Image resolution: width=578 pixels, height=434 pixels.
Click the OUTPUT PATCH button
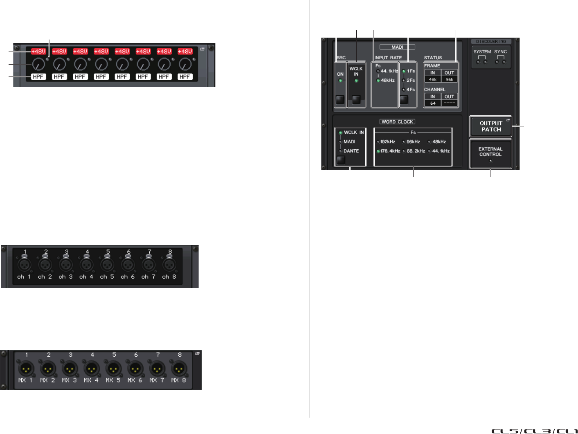pos(491,126)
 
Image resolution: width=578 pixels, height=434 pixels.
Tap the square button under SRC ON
pos(340,100)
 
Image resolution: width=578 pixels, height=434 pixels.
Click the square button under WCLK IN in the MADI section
pos(356,100)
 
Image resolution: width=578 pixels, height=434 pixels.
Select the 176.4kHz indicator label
pos(389,151)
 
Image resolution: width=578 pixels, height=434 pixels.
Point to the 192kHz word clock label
pos(387,142)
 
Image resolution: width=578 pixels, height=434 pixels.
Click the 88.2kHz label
pos(415,151)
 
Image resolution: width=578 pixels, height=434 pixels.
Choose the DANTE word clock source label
pos(351,151)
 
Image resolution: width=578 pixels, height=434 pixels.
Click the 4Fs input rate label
pos(411,90)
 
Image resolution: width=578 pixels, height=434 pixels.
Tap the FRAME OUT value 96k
pos(449,79)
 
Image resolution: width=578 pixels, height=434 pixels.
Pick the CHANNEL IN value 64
pos(432,103)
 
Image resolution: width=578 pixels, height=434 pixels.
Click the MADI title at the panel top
pos(397,47)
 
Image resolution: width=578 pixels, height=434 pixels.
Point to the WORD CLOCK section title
pos(397,121)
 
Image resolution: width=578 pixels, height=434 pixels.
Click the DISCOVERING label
pos(491,41)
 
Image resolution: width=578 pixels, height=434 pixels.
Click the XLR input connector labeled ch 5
pos(107,265)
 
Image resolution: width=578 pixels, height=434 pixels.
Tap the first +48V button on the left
pos(38,52)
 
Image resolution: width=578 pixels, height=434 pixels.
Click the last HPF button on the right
pos(185,76)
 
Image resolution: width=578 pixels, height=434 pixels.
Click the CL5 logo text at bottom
pos(505,431)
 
